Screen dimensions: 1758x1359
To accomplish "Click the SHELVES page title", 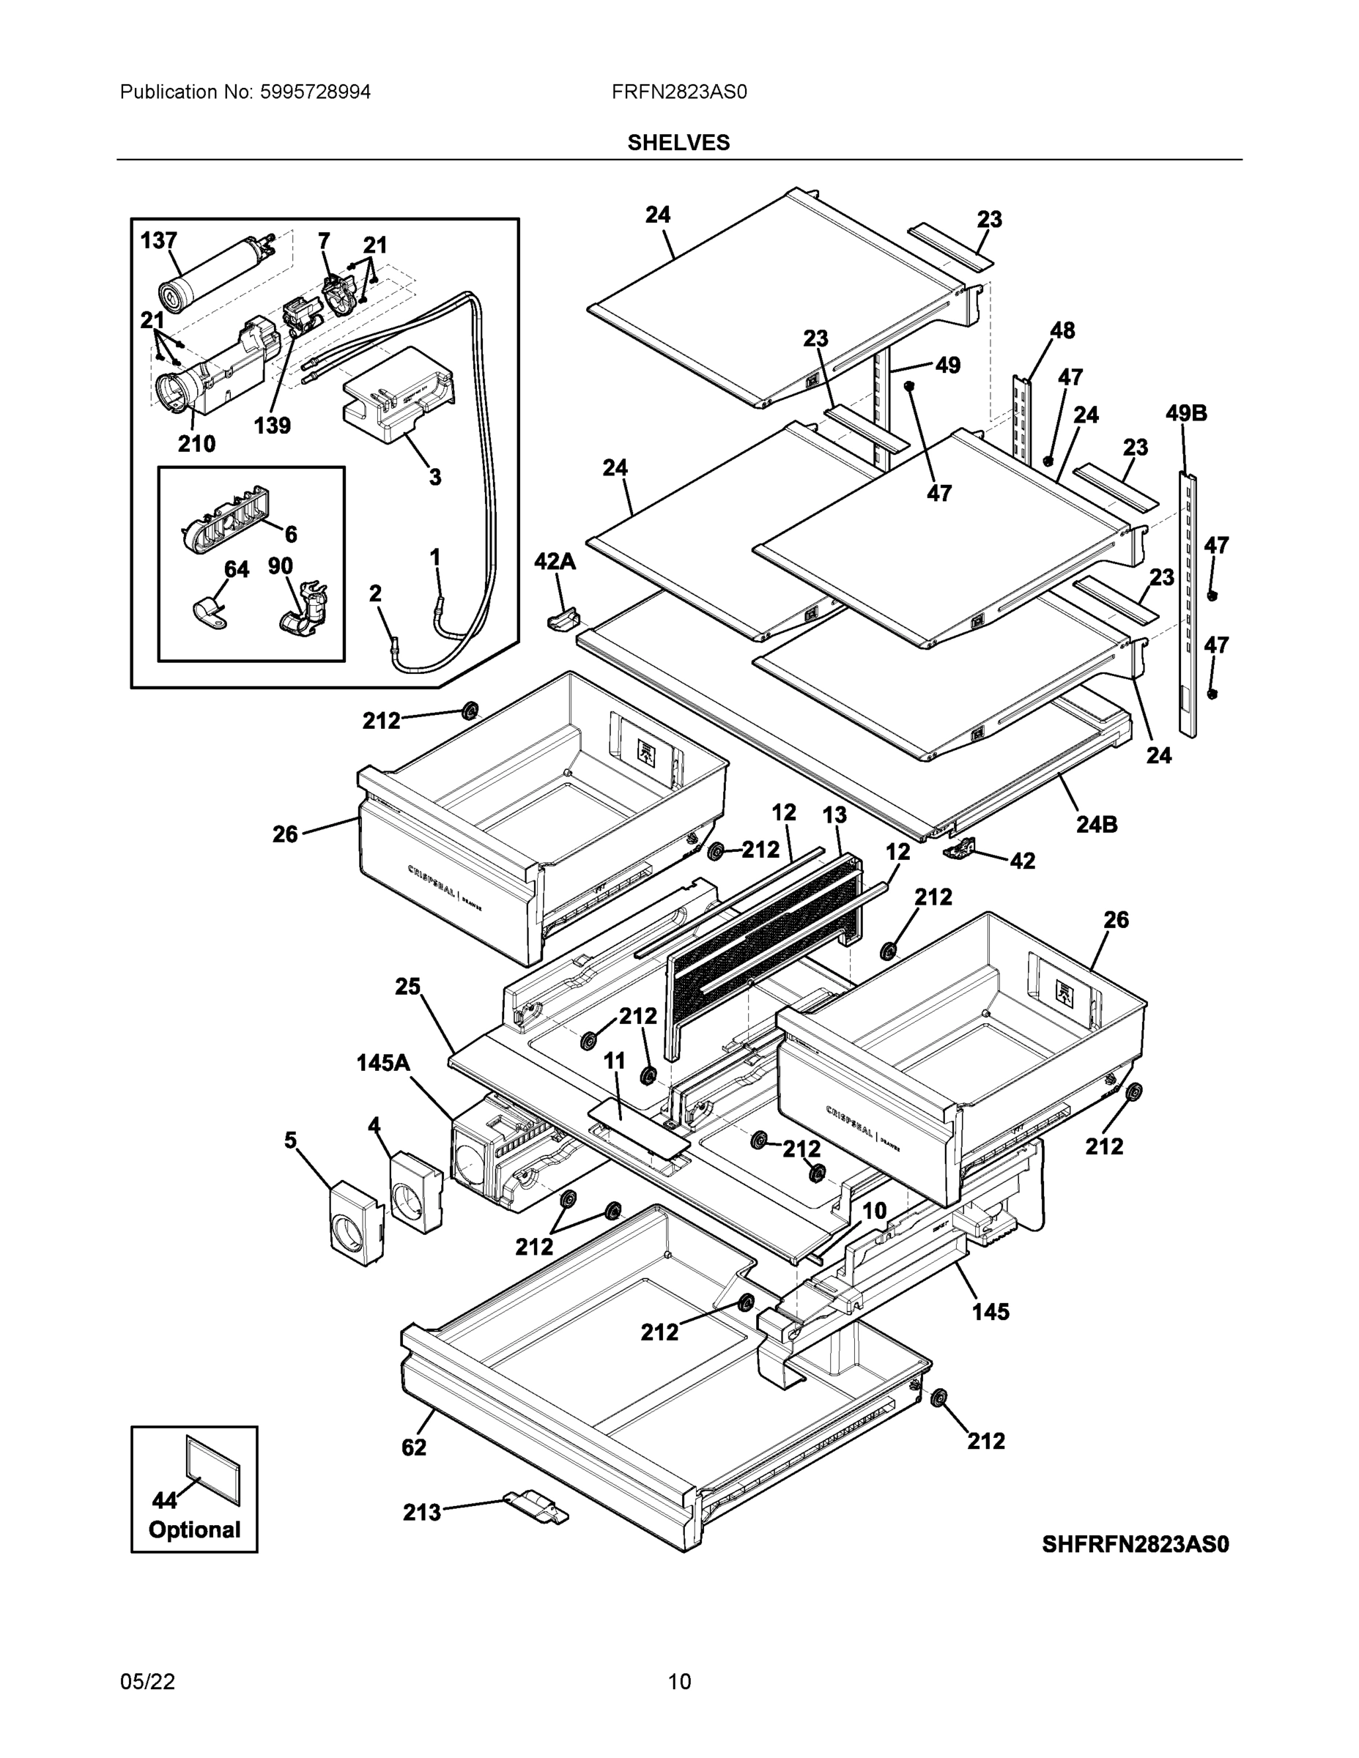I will [x=678, y=143].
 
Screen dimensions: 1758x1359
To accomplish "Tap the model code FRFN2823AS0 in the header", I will [x=678, y=92].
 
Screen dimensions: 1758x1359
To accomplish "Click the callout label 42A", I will [x=555, y=561].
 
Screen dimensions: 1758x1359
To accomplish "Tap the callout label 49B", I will [x=1186, y=413].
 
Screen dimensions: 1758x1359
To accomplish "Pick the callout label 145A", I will [x=383, y=1064].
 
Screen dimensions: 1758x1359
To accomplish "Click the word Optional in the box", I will [x=194, y=1529].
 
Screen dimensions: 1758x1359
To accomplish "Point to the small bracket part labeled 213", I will [x=536, y=1505].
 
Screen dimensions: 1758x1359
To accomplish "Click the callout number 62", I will [x=414, y=1447].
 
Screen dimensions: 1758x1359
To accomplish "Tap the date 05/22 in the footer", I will [x=147, y=1682].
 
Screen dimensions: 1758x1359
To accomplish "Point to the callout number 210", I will [x=196, y=442].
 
